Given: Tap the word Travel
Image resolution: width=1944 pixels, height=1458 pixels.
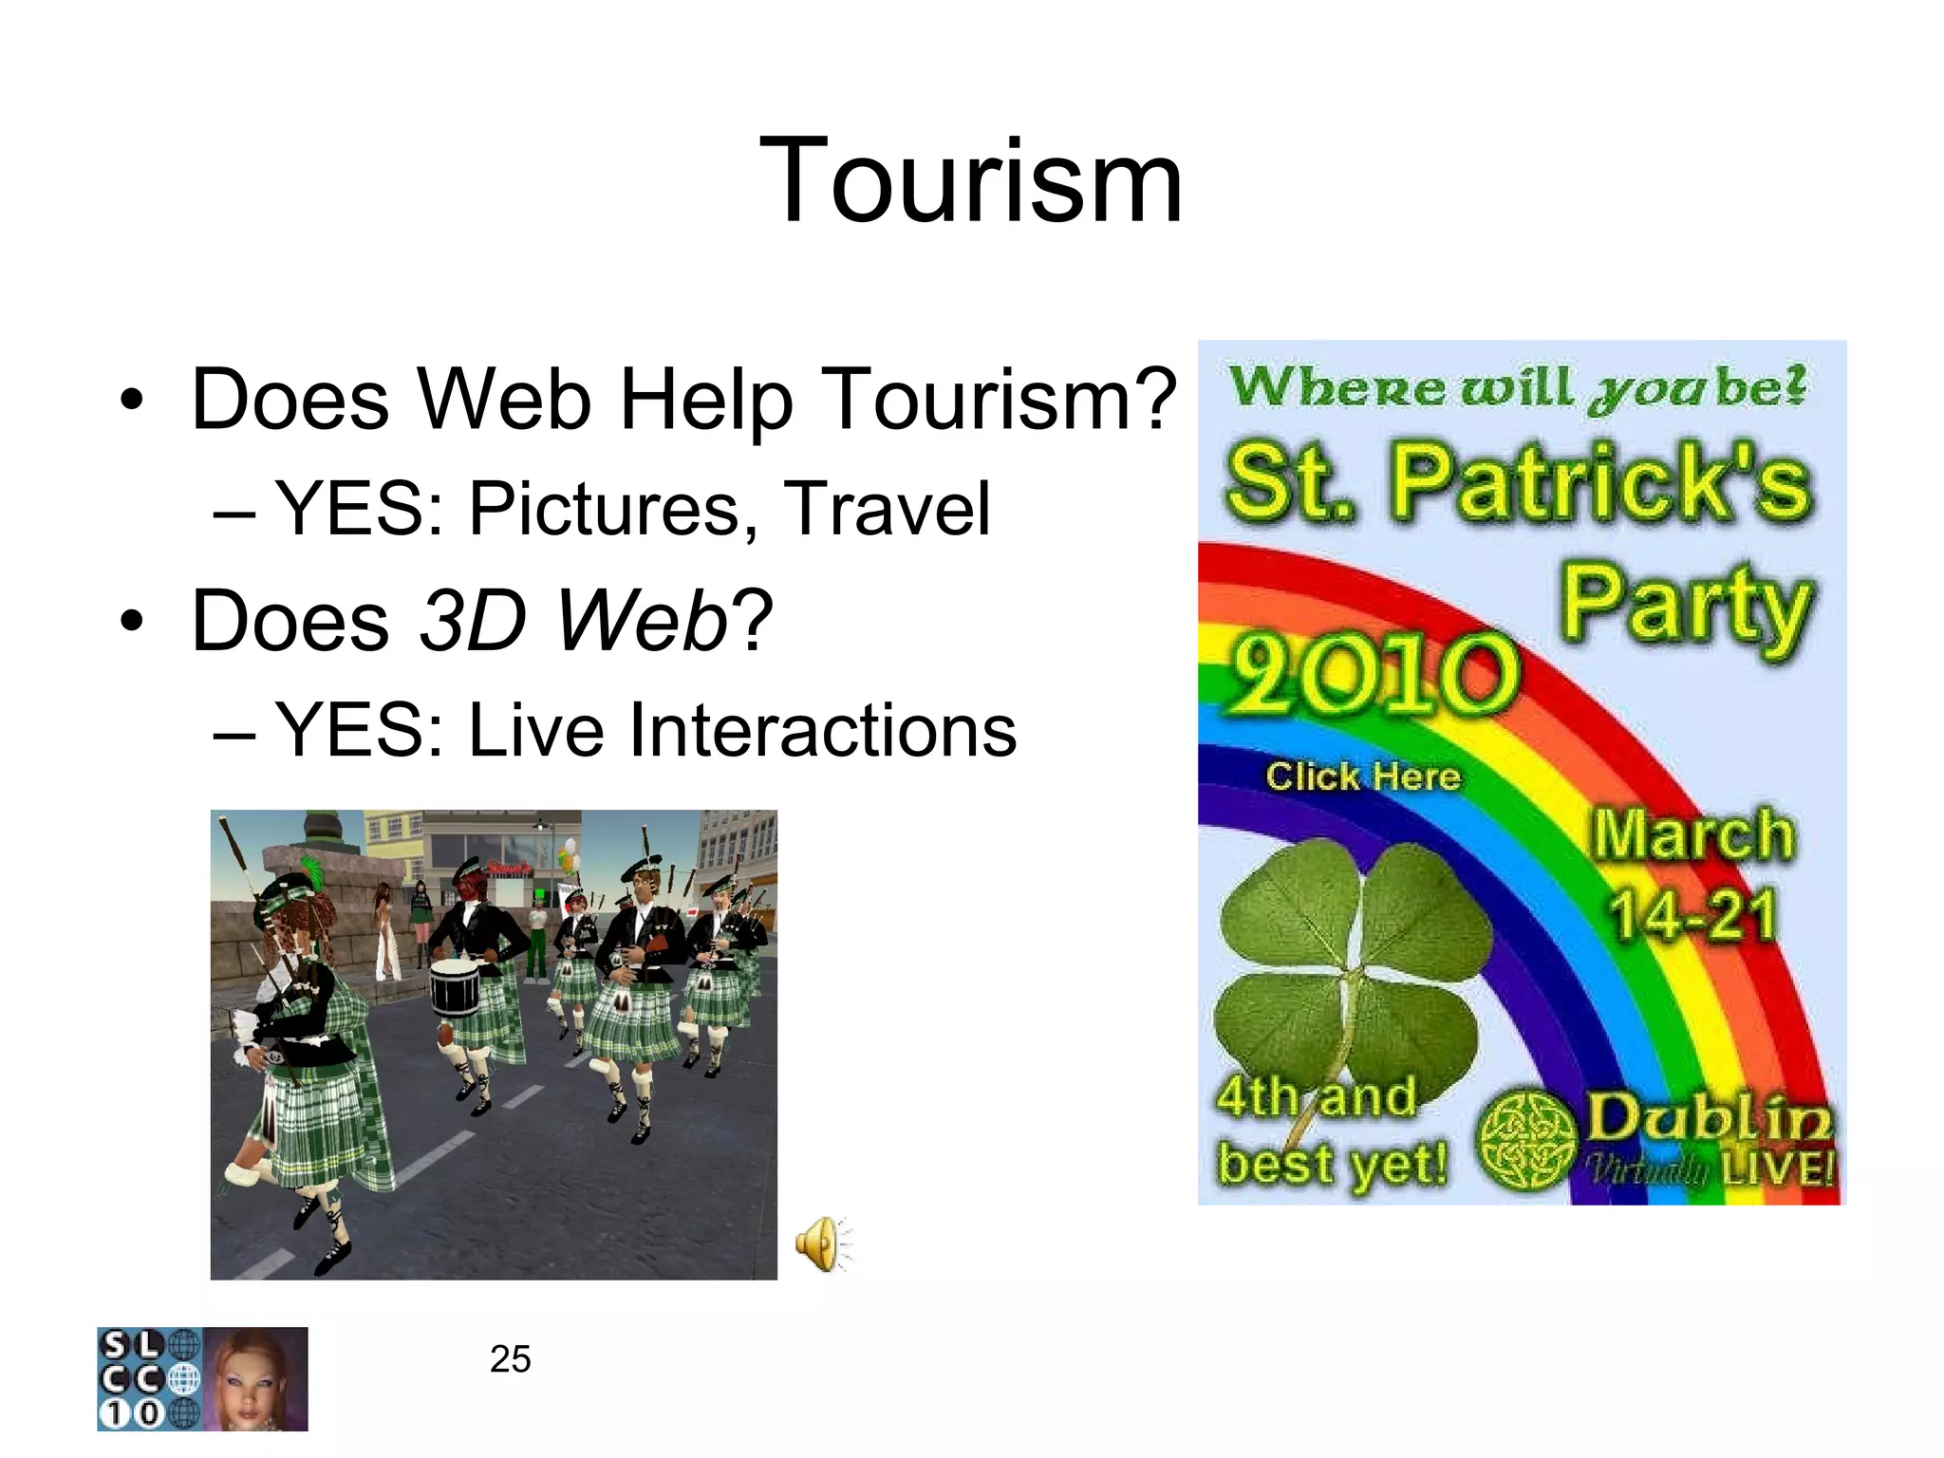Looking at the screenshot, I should pyautogui.click(x=887, y=510).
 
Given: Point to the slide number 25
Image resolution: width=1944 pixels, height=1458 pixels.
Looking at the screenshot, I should pyautogui.click(x=510, y=1359).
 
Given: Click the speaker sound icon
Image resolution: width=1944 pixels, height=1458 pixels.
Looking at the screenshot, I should pyautogui.click(x=823, y=1243).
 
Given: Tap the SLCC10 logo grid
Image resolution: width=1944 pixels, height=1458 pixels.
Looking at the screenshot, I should pyautogui.click(x=150, y=1379).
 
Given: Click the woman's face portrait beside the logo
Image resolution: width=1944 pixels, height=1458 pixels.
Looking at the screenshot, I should pyautogui.click(x=256, y=1379).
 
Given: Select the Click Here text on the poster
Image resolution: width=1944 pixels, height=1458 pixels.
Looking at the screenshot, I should pyautogui.click(x=1363, y=776).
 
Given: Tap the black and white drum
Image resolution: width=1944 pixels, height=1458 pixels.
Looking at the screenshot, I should pyautogui.click(x=455, y=988).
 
